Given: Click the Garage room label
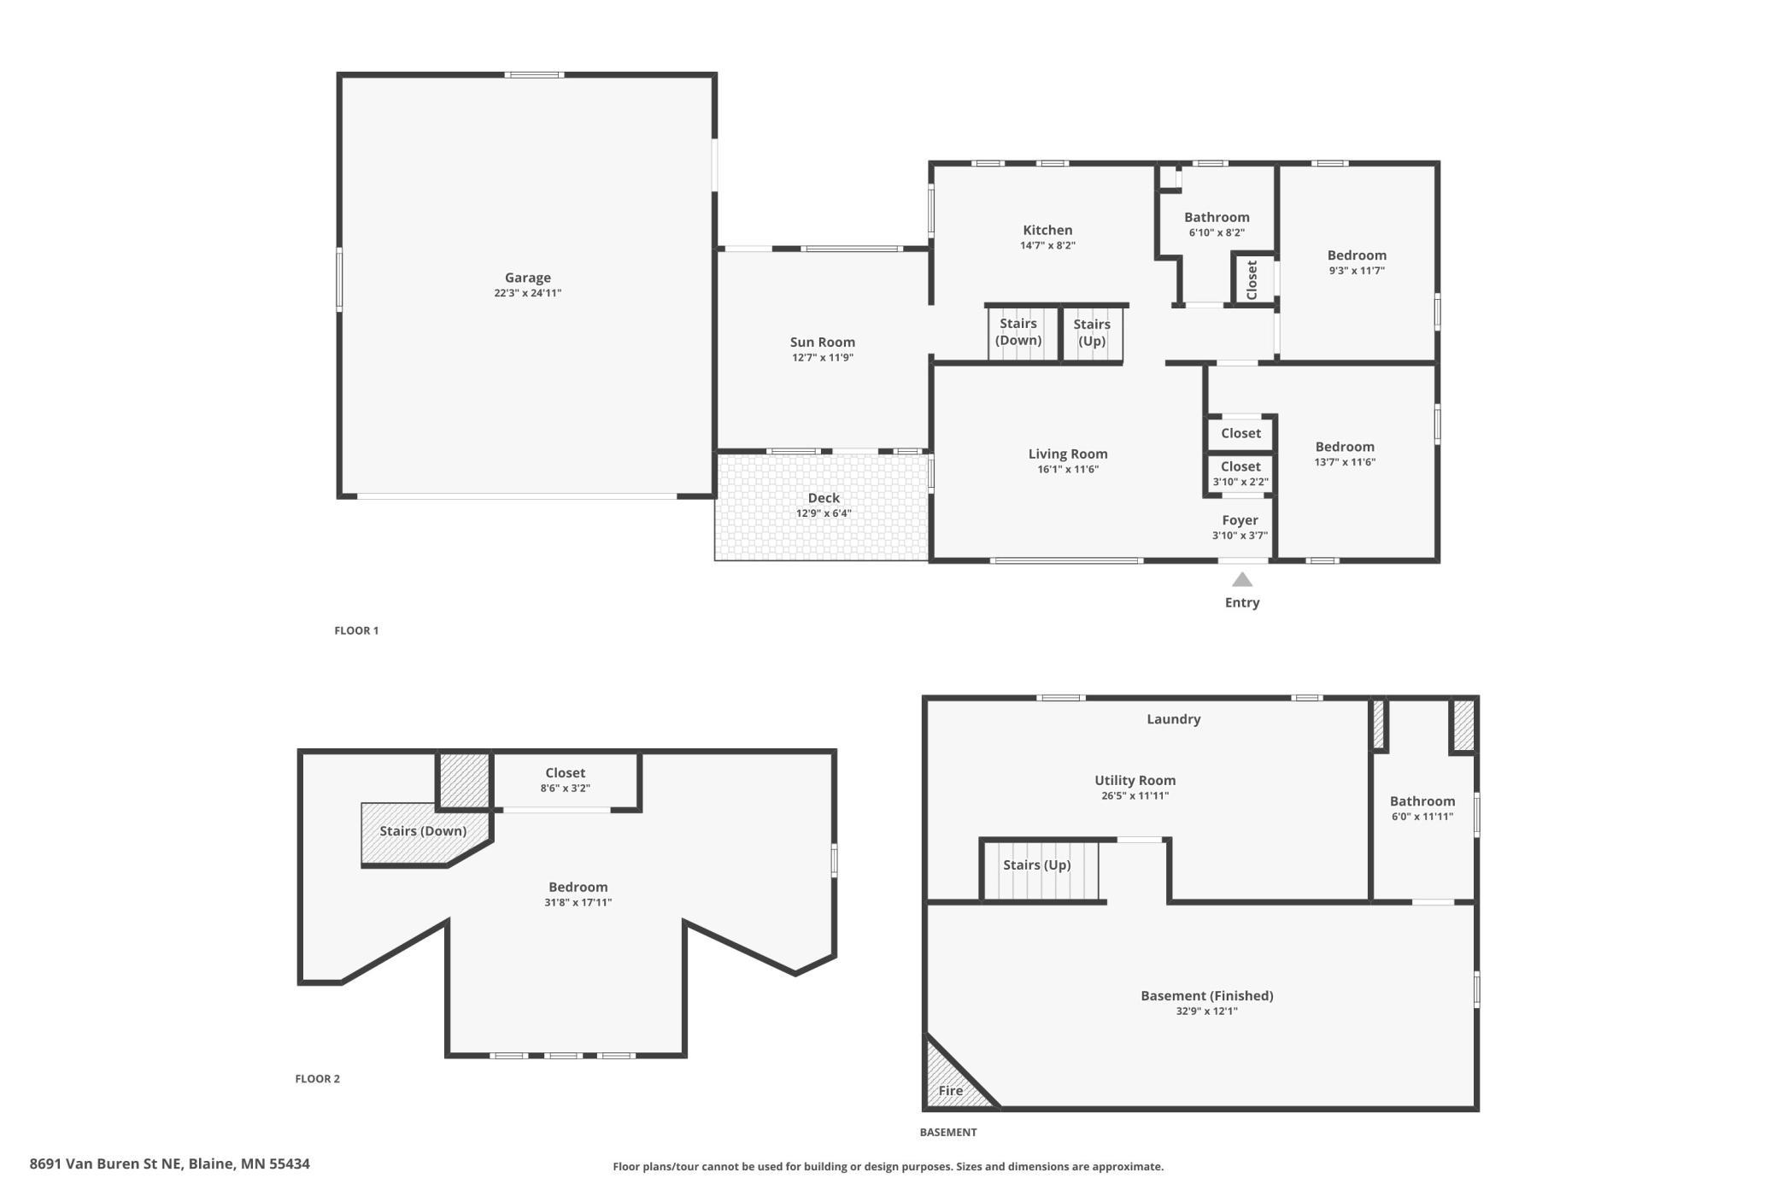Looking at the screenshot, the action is pos(527,278).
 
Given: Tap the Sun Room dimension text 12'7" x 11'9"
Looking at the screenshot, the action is pos(823,358).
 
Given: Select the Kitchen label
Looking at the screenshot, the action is pos(1047,230).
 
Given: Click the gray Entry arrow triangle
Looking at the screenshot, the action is pos(1242,580).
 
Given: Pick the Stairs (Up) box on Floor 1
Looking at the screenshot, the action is pos(1092,333).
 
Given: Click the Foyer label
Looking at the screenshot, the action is pos(1240,520).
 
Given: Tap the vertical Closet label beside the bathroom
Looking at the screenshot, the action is pos(1252,280).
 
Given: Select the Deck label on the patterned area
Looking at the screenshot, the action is pos(824,498).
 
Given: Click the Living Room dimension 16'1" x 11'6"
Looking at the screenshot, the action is pos(1068,470).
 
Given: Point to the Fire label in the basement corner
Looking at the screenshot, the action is pos(951,1091).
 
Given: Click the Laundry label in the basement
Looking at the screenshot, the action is pos(1173,719).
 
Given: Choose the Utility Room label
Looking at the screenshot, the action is pos(1135,780).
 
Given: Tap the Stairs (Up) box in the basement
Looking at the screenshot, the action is pos(1041,870).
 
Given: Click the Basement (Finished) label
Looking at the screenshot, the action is pos(1207,995).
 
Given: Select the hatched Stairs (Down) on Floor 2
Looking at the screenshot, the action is pos(425,833).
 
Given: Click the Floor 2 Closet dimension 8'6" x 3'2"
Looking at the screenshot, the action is pos(565,788).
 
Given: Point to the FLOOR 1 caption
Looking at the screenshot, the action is pos(356,630).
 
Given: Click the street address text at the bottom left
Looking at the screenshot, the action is pos(169,1163).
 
